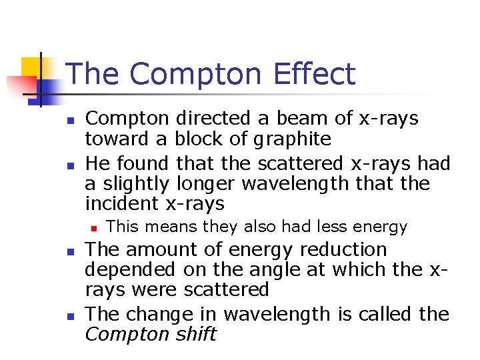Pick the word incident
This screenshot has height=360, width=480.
[123, 203]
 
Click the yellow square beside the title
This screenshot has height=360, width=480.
[31, 67]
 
